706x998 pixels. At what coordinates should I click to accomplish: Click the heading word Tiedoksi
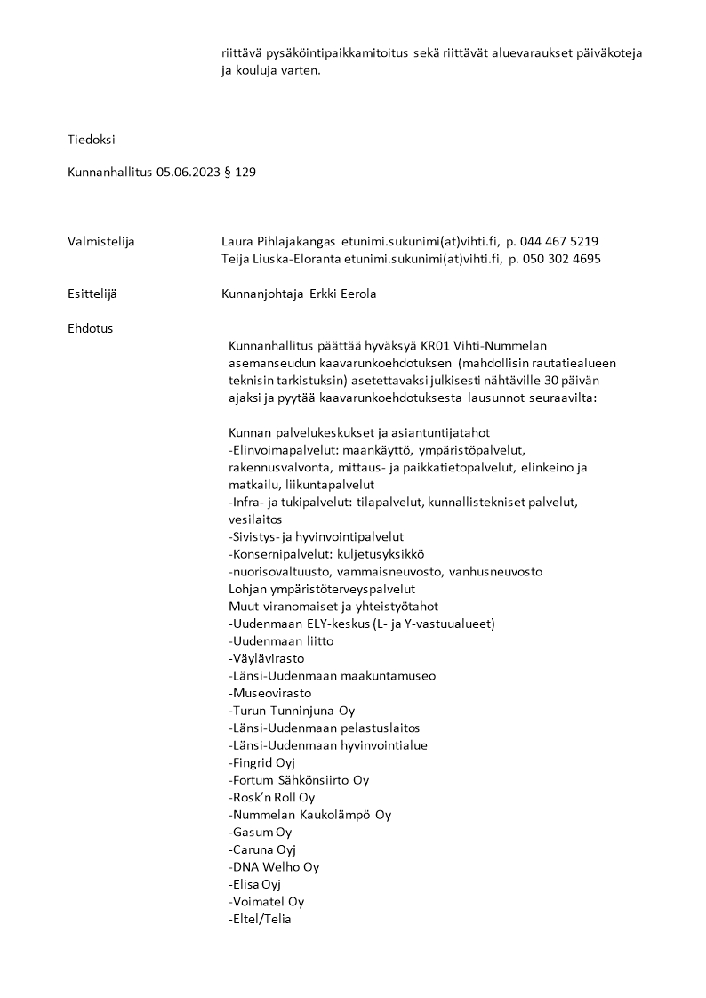[92, 139]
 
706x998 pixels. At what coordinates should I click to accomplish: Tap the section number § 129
[242, 173]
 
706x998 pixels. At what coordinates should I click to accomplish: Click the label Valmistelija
[101, 241]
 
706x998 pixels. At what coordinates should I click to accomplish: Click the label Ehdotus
[91, 328]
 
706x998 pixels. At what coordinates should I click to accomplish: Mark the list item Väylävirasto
[267, 658]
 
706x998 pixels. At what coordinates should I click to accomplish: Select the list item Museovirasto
[270, 693]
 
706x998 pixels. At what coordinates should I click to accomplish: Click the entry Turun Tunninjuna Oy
[292, 711]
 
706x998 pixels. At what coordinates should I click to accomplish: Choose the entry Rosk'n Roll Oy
[272, 797]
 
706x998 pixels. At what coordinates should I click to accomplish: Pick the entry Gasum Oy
[261, 832]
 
